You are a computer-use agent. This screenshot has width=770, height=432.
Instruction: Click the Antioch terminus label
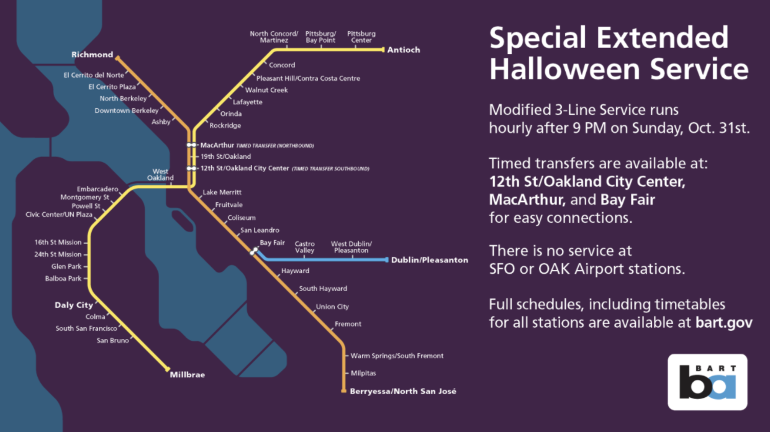[404, 50]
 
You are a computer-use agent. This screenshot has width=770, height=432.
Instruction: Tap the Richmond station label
[92, 55]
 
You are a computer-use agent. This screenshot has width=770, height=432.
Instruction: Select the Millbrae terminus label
[188, 375]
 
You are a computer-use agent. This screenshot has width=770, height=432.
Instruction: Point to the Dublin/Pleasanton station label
[430, 260]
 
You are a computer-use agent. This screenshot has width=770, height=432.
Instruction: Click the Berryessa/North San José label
[403, 391]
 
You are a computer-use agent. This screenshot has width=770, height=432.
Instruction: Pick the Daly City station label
[74, 305]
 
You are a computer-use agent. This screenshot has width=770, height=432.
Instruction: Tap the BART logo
[707, 382]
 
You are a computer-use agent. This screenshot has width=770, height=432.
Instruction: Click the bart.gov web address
[724, 322]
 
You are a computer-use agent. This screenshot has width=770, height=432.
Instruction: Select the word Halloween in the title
[564, 69]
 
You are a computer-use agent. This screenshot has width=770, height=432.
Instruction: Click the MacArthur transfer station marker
[191, 145]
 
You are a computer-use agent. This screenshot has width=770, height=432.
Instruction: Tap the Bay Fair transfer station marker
[254, 251]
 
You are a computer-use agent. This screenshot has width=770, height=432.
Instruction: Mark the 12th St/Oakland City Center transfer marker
[191, 168]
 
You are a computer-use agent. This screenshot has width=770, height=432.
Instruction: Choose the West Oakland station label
[161, 174]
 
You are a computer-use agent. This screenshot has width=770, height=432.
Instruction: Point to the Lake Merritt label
[222, 192]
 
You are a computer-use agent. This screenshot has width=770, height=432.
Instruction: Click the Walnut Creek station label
[266, 90]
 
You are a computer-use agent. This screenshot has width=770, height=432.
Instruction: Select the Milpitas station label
[363, 373]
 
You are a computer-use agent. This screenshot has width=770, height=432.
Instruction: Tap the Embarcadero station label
[97, 189]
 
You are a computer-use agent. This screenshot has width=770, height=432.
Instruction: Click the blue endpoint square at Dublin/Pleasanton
[387, 260]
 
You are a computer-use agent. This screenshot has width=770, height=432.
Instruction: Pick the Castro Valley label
[304, 247]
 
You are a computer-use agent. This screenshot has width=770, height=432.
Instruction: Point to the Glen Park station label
[66, 266]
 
